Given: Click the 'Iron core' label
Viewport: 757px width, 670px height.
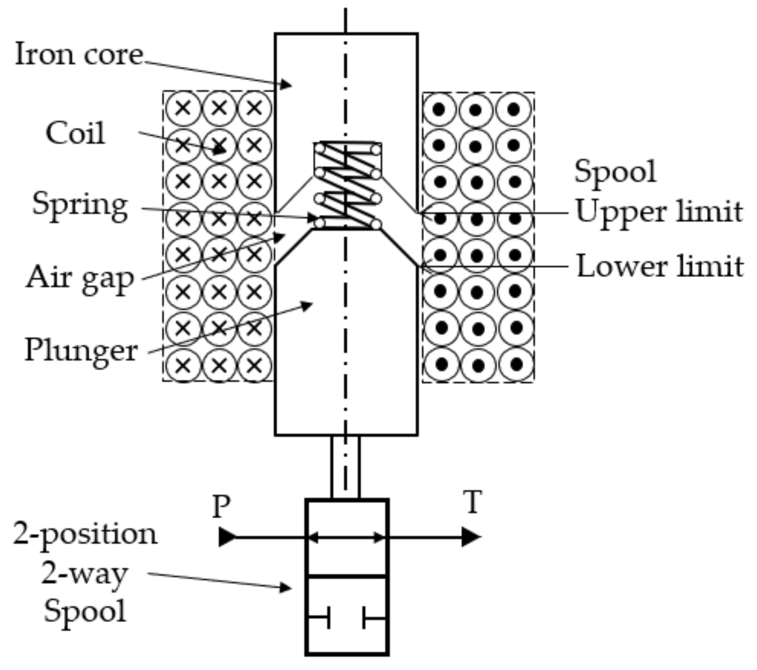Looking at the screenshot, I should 79,54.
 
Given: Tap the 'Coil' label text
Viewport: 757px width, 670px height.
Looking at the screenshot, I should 75,133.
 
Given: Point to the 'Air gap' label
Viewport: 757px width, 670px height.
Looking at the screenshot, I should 80,278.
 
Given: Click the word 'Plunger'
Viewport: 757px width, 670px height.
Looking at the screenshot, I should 81,351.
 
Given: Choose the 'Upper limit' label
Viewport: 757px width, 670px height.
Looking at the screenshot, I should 659,212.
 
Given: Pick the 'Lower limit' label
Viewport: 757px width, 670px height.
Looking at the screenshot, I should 660,266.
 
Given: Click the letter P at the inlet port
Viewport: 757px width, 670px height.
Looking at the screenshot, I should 221,506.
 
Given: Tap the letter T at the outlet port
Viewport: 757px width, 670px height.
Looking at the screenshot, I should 473,502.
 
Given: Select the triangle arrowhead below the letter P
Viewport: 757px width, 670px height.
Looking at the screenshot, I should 226,537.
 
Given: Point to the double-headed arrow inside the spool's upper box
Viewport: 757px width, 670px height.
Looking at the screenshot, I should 346,538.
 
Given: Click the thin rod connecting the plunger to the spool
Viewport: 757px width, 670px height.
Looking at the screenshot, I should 346,467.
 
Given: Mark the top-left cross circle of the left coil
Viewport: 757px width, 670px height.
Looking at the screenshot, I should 183,108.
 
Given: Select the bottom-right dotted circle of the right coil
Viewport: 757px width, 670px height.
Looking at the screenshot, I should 516,364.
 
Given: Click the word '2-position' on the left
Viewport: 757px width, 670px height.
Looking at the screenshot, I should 85,534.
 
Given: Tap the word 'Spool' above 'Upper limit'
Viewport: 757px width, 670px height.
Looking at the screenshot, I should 615,171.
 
